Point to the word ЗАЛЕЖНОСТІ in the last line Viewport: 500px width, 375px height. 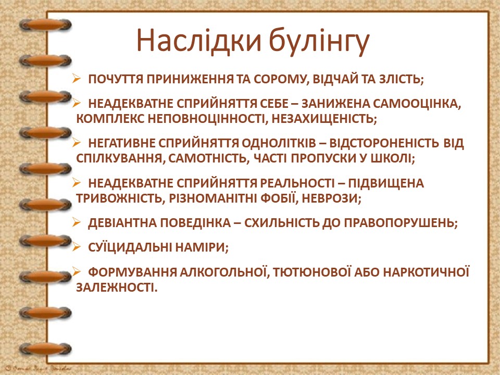click(x=116, y=287)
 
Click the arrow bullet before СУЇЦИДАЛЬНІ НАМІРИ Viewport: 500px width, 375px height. click(x=77, y=247)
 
